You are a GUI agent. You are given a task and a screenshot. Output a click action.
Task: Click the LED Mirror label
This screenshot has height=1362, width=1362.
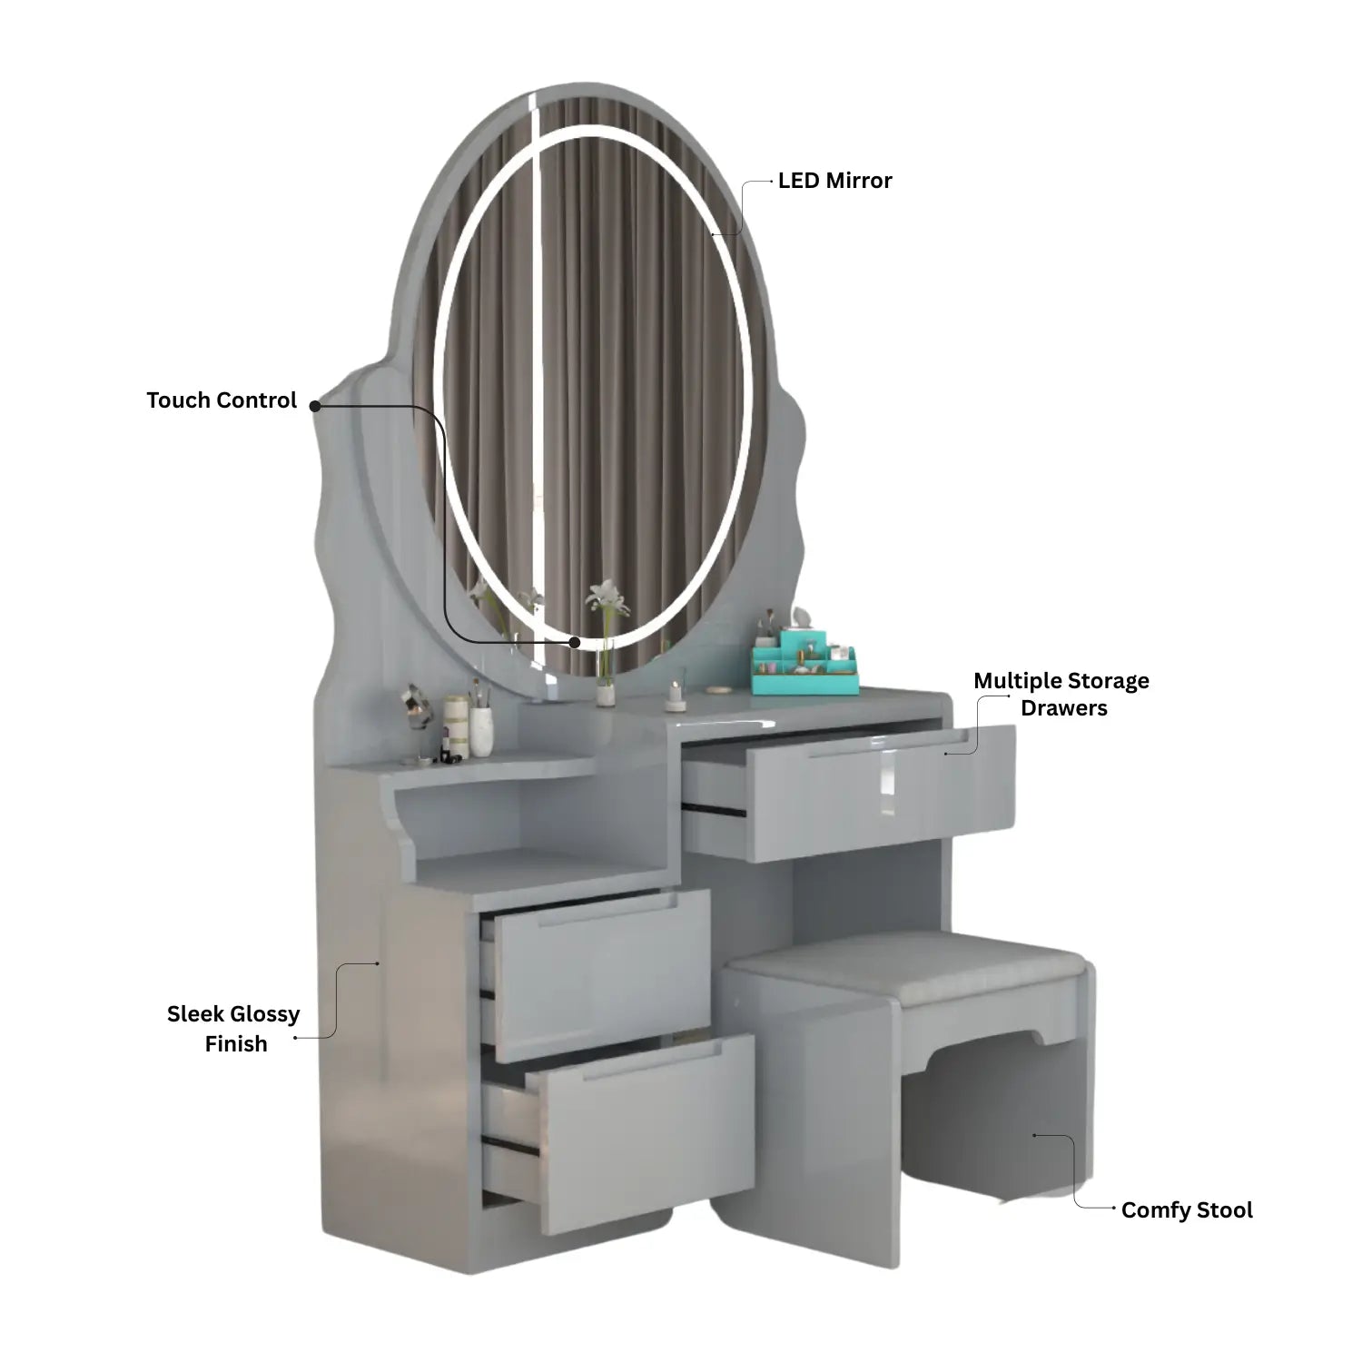(x=834, y=181)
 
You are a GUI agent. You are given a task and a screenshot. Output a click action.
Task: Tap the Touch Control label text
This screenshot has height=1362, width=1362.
(x=222, y=400)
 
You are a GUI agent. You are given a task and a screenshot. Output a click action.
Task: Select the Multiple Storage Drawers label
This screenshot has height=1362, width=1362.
(x=1061, y=694)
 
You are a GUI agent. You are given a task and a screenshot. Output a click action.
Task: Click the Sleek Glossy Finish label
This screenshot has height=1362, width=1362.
(x=234, y=1029)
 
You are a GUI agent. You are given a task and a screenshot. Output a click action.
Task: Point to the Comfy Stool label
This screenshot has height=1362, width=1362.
(x=1187, y=1210)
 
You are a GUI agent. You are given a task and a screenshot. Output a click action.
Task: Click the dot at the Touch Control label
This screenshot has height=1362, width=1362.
(x=315, y=406)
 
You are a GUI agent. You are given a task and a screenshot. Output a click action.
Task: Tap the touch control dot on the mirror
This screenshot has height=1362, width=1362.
(x=575, y=642)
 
